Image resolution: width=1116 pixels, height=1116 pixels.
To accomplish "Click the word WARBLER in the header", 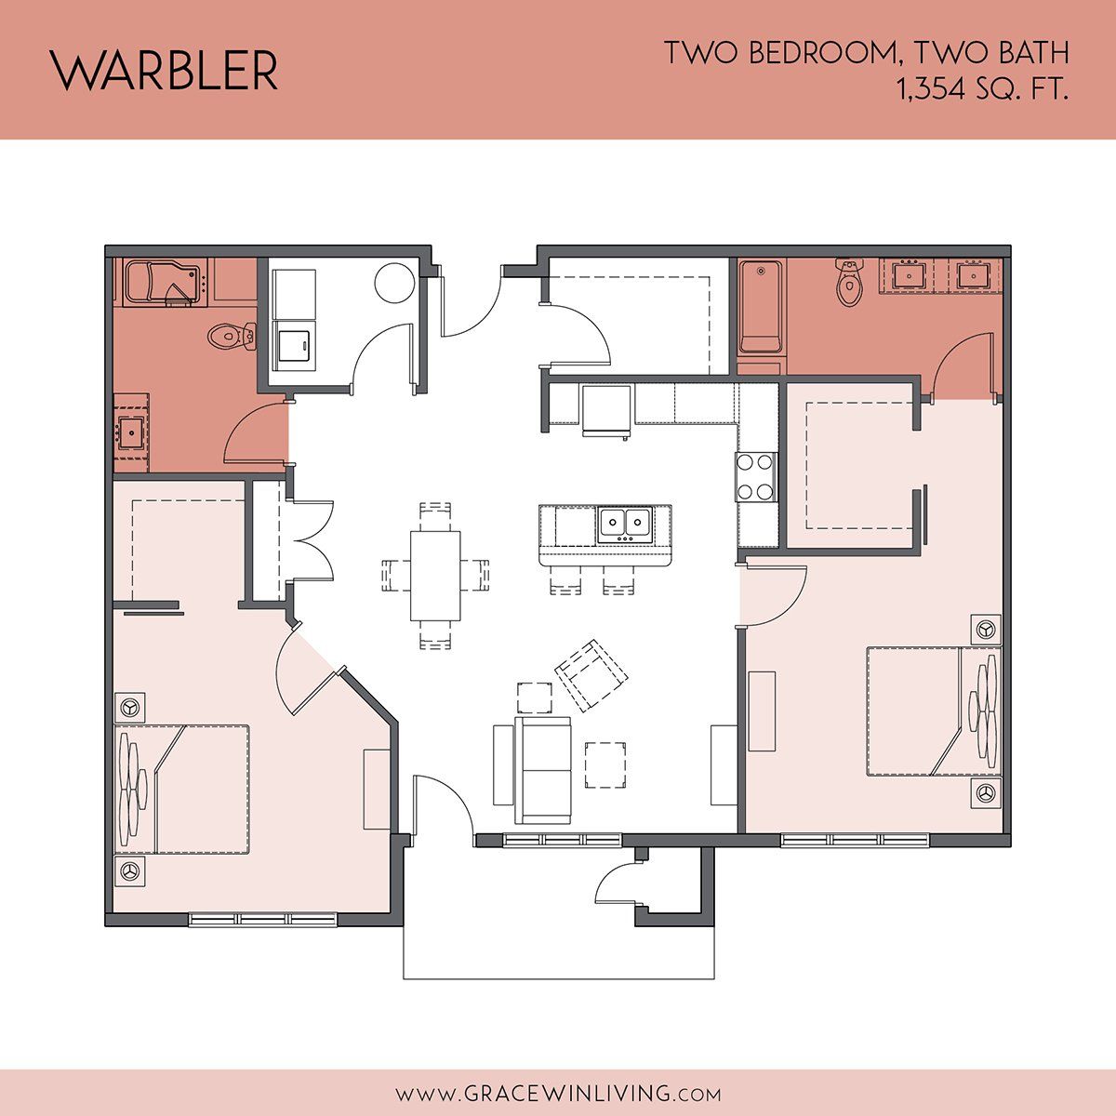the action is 164,71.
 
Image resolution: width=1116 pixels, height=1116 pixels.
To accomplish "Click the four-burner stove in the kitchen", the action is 756,477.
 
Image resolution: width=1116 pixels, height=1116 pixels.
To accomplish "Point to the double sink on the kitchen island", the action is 625,525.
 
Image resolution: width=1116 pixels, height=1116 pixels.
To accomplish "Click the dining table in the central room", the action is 435,576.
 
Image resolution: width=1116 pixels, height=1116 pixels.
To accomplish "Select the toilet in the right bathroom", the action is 849,282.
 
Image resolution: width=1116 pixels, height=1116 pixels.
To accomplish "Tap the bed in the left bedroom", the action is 182,790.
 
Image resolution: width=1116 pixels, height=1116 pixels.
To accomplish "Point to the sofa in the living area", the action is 542,770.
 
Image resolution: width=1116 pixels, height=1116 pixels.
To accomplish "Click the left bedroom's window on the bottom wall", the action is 263,919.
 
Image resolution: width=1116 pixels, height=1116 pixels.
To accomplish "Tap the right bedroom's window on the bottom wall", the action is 855,839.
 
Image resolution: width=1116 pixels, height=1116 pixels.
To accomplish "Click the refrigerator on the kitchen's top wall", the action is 606,409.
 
